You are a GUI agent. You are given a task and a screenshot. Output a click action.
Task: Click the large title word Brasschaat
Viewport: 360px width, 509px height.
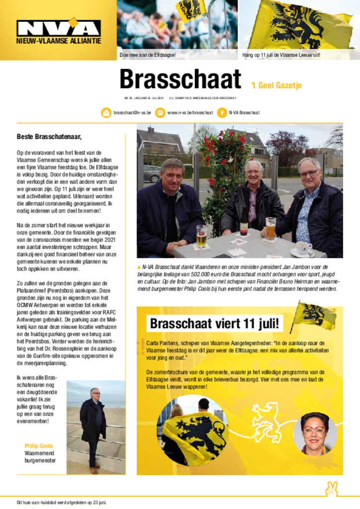[180, 80]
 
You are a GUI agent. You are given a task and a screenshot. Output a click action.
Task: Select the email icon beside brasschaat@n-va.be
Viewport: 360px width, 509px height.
[106, 113]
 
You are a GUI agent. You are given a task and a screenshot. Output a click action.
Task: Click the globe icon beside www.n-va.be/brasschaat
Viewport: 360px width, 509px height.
[160, 113]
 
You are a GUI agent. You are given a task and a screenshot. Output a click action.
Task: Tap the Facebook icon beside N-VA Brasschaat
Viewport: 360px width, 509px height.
[222, 113]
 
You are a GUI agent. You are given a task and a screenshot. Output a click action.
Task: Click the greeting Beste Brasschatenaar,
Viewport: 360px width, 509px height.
[49, 136]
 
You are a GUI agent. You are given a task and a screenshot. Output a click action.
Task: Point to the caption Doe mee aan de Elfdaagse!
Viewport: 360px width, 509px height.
[148, 55]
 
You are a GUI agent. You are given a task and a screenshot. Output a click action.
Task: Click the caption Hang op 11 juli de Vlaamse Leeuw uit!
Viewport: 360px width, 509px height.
[280, 55]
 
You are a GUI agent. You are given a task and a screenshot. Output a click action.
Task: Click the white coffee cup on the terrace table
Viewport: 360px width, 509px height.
[303, 247]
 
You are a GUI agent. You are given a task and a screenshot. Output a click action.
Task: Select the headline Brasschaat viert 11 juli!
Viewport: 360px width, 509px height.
[216, 324]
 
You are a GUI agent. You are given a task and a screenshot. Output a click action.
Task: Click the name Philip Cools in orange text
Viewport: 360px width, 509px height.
[39, 446]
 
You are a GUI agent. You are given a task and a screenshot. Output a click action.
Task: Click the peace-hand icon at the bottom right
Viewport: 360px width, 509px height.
[331, 489]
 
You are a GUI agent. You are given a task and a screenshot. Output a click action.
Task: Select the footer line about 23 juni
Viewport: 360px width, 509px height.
[62, 502]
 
